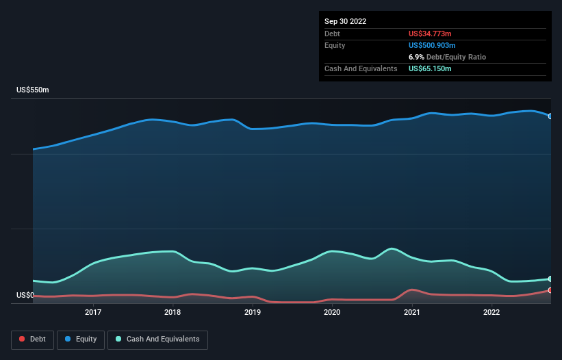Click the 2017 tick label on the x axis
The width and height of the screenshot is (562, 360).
93,313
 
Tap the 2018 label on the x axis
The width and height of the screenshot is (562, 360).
173,313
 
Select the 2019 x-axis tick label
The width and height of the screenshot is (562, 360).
253,313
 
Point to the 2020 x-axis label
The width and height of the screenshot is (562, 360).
332,313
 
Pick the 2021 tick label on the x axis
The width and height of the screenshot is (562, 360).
412,313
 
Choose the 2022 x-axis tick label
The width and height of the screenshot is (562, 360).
491,313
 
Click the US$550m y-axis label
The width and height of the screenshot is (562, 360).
33,90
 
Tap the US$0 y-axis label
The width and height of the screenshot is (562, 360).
25,296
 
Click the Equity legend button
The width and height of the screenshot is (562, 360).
81,339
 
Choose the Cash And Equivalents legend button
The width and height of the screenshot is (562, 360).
157,339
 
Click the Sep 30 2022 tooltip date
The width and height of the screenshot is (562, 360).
345,21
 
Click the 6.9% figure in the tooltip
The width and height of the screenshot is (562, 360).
416,57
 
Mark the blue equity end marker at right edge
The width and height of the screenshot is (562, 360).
550,116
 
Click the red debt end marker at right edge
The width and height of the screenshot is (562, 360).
550,290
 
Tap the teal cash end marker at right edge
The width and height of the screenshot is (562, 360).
550,279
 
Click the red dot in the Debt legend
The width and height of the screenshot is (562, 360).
23,339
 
